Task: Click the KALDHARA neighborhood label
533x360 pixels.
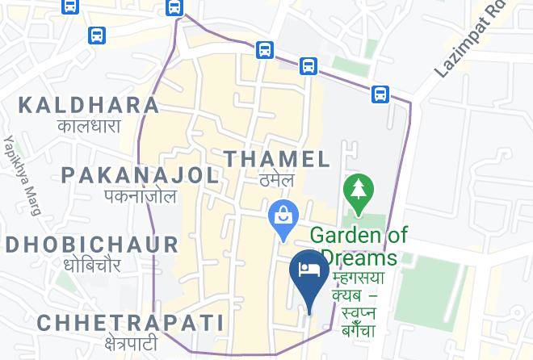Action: [x=89, y=105]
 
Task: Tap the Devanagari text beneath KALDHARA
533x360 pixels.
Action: [x=89, y=126]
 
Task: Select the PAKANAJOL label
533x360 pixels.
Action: [x=140, y=175]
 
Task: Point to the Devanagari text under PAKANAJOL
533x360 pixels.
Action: [x=140, y=196]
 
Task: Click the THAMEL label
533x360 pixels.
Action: [x=277, y=158]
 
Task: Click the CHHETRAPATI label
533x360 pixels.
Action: [x=130, y=323]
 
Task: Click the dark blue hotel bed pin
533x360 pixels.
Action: [x=308, y=268]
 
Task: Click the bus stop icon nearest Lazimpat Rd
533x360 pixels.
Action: [x=380, y=94]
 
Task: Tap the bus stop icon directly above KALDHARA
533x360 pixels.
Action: [x=97, y=36]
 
